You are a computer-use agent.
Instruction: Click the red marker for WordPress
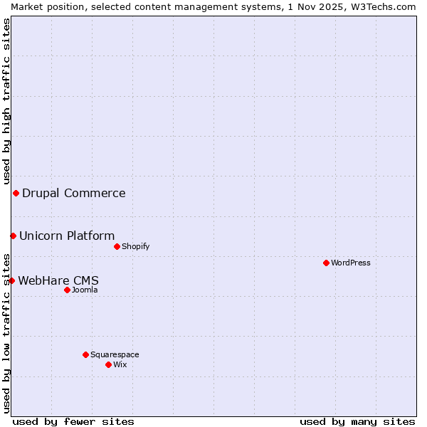326,263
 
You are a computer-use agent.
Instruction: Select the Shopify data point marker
117,246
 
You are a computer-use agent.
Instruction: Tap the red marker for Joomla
67,290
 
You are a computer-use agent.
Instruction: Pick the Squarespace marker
85,354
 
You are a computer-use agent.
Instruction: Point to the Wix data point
108,364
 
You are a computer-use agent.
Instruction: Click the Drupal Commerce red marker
16,193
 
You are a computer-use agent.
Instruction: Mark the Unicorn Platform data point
13,236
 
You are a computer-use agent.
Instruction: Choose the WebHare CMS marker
11,280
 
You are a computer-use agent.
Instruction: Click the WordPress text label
351,263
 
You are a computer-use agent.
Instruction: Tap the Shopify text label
135,246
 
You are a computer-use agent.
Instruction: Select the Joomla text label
85,290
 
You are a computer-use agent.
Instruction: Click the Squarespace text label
115,354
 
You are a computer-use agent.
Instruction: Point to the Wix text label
120,364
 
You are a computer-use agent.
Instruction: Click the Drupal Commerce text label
74,193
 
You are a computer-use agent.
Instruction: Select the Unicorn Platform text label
67,236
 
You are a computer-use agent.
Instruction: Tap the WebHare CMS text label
58,280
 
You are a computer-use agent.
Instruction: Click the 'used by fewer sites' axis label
73,421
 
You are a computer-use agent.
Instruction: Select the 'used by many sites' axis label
357,421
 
